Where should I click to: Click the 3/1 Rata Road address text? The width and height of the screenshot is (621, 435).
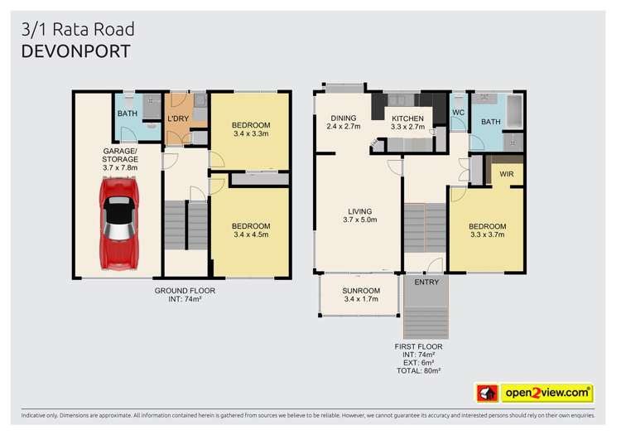coord(76,30)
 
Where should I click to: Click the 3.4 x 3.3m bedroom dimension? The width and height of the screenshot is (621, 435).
coord(251,134)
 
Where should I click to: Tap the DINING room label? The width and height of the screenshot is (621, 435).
coord(343,118)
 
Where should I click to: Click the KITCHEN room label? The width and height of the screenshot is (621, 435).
coord(407,118)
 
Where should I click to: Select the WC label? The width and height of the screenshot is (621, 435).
coord(458,114)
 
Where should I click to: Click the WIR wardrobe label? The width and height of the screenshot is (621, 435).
coord(505,174)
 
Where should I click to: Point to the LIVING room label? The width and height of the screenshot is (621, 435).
coord(359,210)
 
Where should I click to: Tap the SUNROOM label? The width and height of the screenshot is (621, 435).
coord(360,291)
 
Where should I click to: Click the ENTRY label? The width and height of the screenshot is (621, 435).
coord(428,283)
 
